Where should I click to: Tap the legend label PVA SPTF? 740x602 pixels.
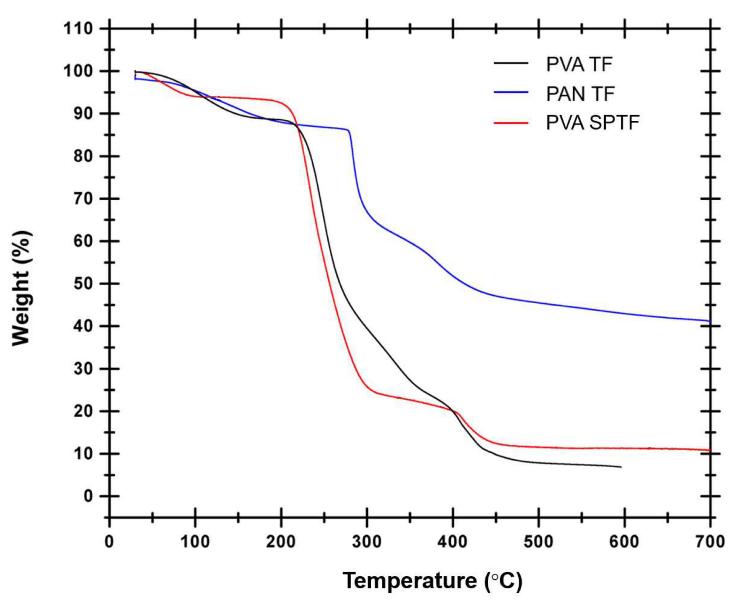(592, 122)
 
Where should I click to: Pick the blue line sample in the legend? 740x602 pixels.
(511, 92)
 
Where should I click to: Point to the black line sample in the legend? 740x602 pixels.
(511, 63)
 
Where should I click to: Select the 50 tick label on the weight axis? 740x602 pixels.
(83, 284)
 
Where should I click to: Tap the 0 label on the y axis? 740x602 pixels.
(88, 496)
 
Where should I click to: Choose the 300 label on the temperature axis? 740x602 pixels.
(367, 542)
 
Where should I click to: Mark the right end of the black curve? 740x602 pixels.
(621, 467)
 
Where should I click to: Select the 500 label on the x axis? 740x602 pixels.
(538, 542)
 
